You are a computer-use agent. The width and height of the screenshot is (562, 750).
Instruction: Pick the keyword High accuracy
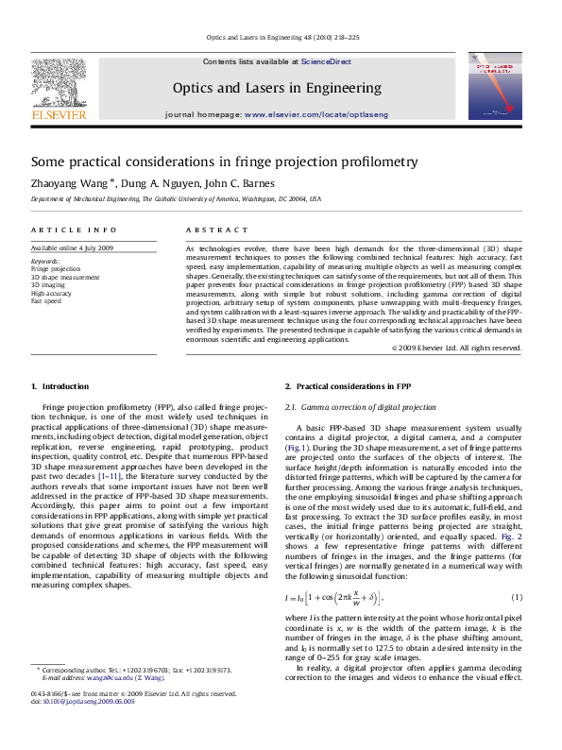tap(51, 293)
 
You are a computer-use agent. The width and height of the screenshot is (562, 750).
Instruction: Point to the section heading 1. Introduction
tap(60, 387)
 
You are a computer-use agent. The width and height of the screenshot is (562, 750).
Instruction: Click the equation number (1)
tap(517, 598)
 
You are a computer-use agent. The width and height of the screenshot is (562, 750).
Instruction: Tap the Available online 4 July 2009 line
tap(72, 247)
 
